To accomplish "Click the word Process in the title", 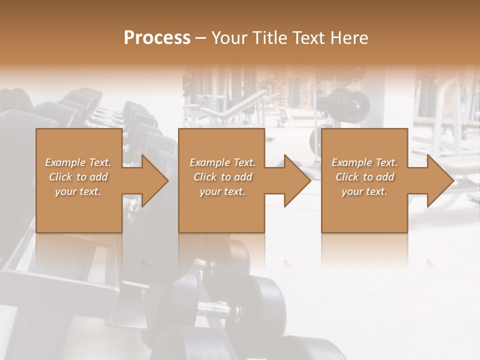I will [157, 38].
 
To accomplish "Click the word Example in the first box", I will [65, 162].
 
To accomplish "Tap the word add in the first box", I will [98, 177].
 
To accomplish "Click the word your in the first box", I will [66, 191].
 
